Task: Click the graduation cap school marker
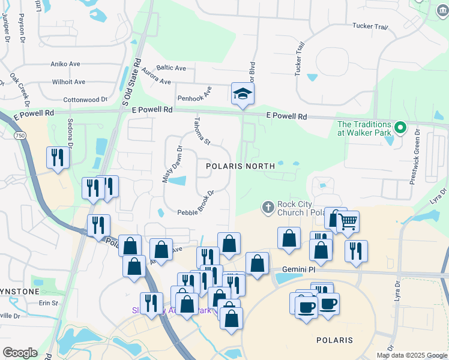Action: pyautogui.click(x=243, y=94)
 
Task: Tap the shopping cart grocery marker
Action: pyautogui.click(x=348, y=222)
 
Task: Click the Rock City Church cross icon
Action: pyautogui.click(x=268, y=208)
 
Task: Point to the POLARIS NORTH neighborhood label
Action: pyautogui.click(x=240, y=166)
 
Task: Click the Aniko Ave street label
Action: pyautogui.click(x=65, y=64)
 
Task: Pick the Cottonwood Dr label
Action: pyautogui.click(x=85, y=100)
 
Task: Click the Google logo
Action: pyautogui.click(x=20, y=353)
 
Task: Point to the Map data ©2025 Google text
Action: pyautogui.click(x=411, y=355)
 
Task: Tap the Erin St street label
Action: pyautogui.click(x=48, y=303)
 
